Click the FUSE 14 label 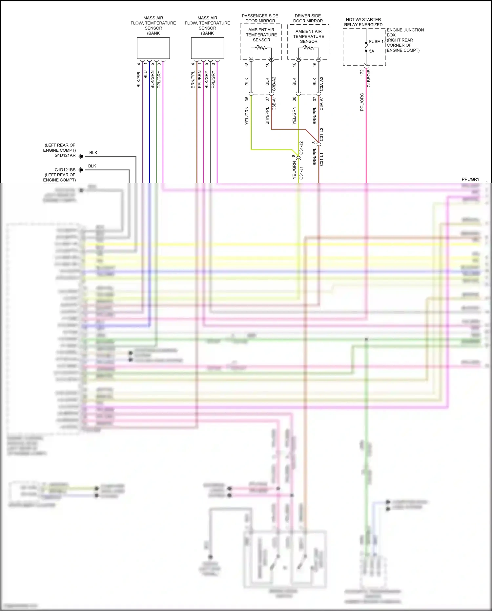point(377,42)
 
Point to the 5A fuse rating point(372,51)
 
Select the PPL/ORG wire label point(362,102)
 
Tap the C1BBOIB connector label point(369,78)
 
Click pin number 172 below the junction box point(362,73)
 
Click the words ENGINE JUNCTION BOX point(405,32)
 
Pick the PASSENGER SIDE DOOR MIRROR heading point(260,18)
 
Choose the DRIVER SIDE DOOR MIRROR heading point(308,18)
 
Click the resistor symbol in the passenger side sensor point(261,48)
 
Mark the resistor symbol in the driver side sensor point(308,48)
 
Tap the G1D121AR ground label point(65,156)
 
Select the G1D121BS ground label point(65,170)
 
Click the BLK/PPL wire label point(139,79)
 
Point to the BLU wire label point(146,75)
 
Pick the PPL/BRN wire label point(200,79)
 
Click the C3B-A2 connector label point(274,84)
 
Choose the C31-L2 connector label point(322,134)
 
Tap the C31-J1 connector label point(301,173)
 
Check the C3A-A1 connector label point(322,103)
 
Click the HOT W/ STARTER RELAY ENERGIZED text point(363,22)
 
